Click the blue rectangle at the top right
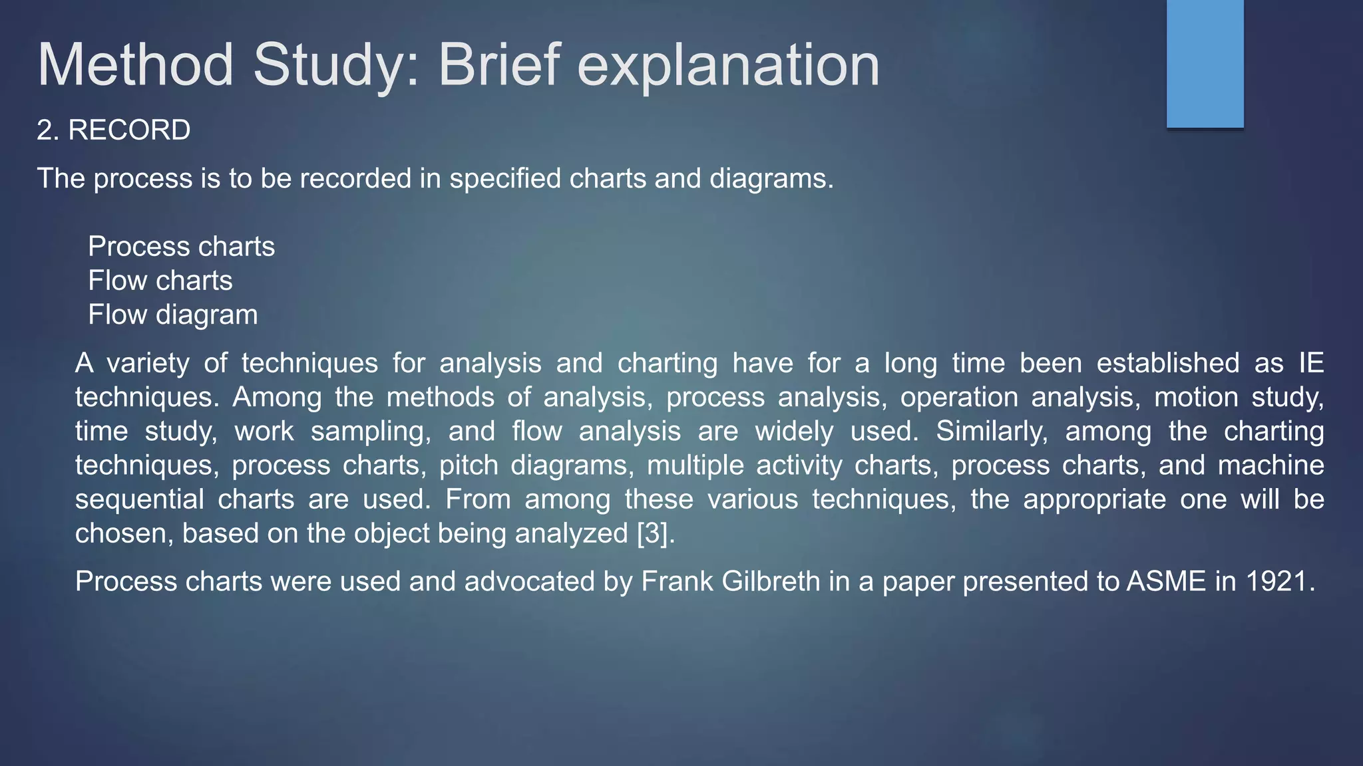pos(1205,64)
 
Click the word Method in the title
pos(136,65)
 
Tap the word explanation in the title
pos(728,65)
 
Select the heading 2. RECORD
pos(114,130)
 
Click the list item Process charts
pos(181,247)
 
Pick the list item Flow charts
pos(160,281)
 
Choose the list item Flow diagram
pos(173,315)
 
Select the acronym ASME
pos(1166,582)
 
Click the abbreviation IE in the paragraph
pos(1310,363)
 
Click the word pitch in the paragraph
pos(469,465)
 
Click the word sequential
pos(139,499)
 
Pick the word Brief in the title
pos(500,65)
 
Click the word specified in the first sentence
pos(505,179)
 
